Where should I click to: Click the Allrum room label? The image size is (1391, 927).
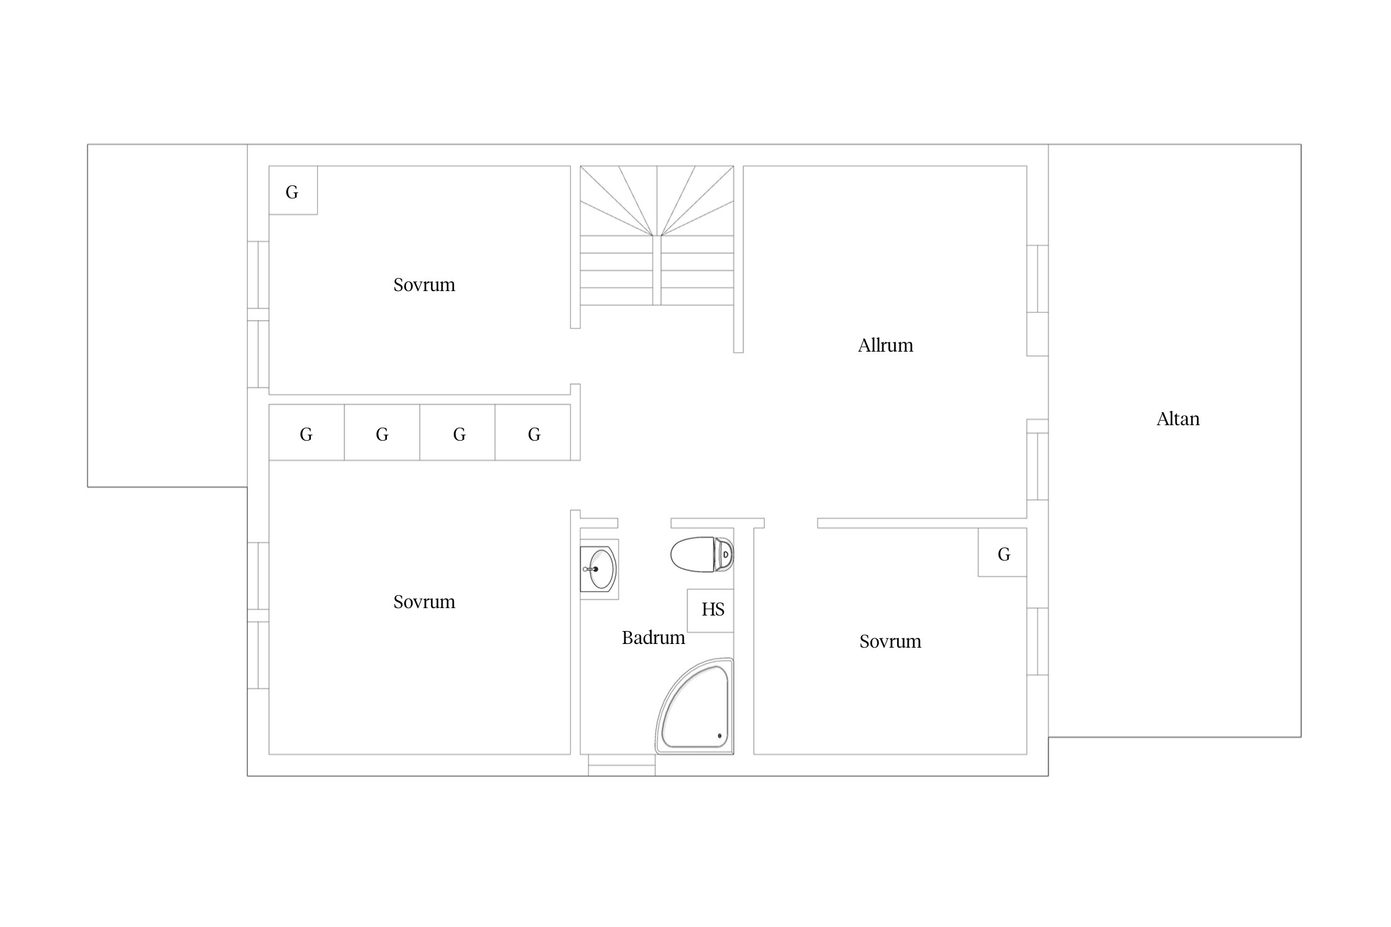(885, 345)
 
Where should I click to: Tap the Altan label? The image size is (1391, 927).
(1178, 419)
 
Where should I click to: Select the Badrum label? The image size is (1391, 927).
(653, 638)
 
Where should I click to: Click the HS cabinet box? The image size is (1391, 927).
(710, 611)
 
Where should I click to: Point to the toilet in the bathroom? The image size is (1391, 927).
(702, 554)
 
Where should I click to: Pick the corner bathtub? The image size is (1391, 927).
(695, 706)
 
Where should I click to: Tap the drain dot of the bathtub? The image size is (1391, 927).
(720, 736)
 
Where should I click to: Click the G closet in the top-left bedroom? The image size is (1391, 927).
(293, 190)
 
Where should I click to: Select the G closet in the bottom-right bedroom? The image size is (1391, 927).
(1002, 552)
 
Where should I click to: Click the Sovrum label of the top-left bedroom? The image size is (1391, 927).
(424, 285)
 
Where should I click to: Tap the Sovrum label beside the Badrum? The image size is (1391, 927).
(890, 641)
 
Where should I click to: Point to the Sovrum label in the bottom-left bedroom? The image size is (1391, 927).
(424, 602)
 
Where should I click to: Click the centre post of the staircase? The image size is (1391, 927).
(657, 270)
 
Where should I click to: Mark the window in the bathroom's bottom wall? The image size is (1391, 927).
(621, 765)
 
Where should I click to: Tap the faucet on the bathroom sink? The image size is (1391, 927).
(590, 569)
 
